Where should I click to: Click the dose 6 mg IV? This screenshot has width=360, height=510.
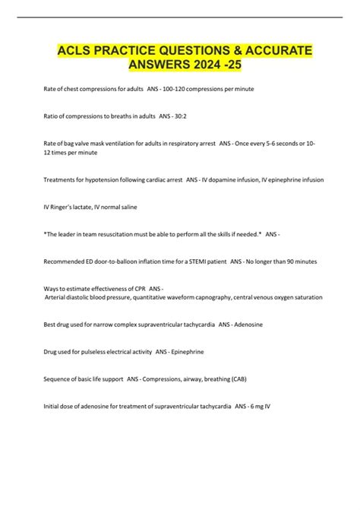pos(257,406)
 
